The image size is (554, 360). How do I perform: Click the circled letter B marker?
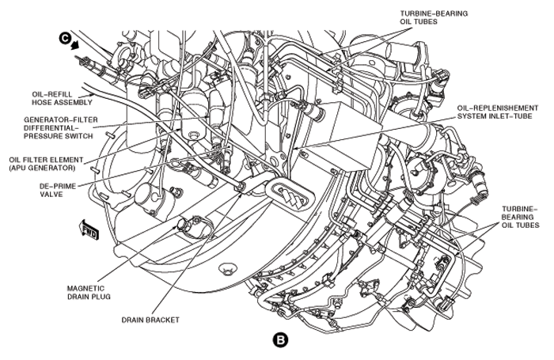coord(280,340)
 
